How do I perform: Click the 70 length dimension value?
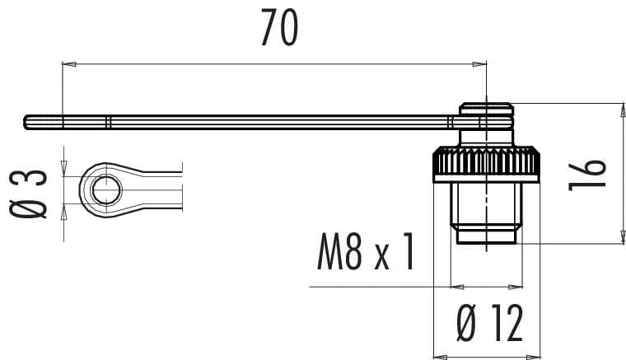pos(279,27)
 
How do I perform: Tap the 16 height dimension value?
pos(587,175)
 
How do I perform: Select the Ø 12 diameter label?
pos(489,323)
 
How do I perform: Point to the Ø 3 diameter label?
pos(28,194)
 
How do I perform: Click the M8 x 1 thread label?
pos(366,252)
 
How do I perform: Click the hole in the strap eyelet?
pos(106,190)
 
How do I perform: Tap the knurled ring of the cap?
pos(487,165)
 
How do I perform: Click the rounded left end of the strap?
pos(27,122)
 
